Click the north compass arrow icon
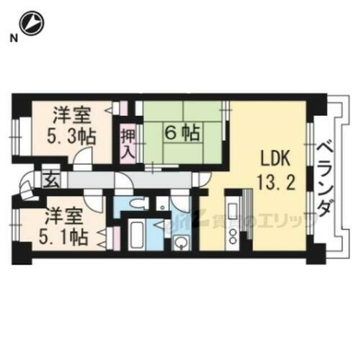point(31,24)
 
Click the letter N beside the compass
point(12,38)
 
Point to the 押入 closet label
point(127,143)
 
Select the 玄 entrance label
point(52,179)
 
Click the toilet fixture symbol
point(140,204)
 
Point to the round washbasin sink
point(179,243)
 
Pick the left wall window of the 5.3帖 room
point(16,134)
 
